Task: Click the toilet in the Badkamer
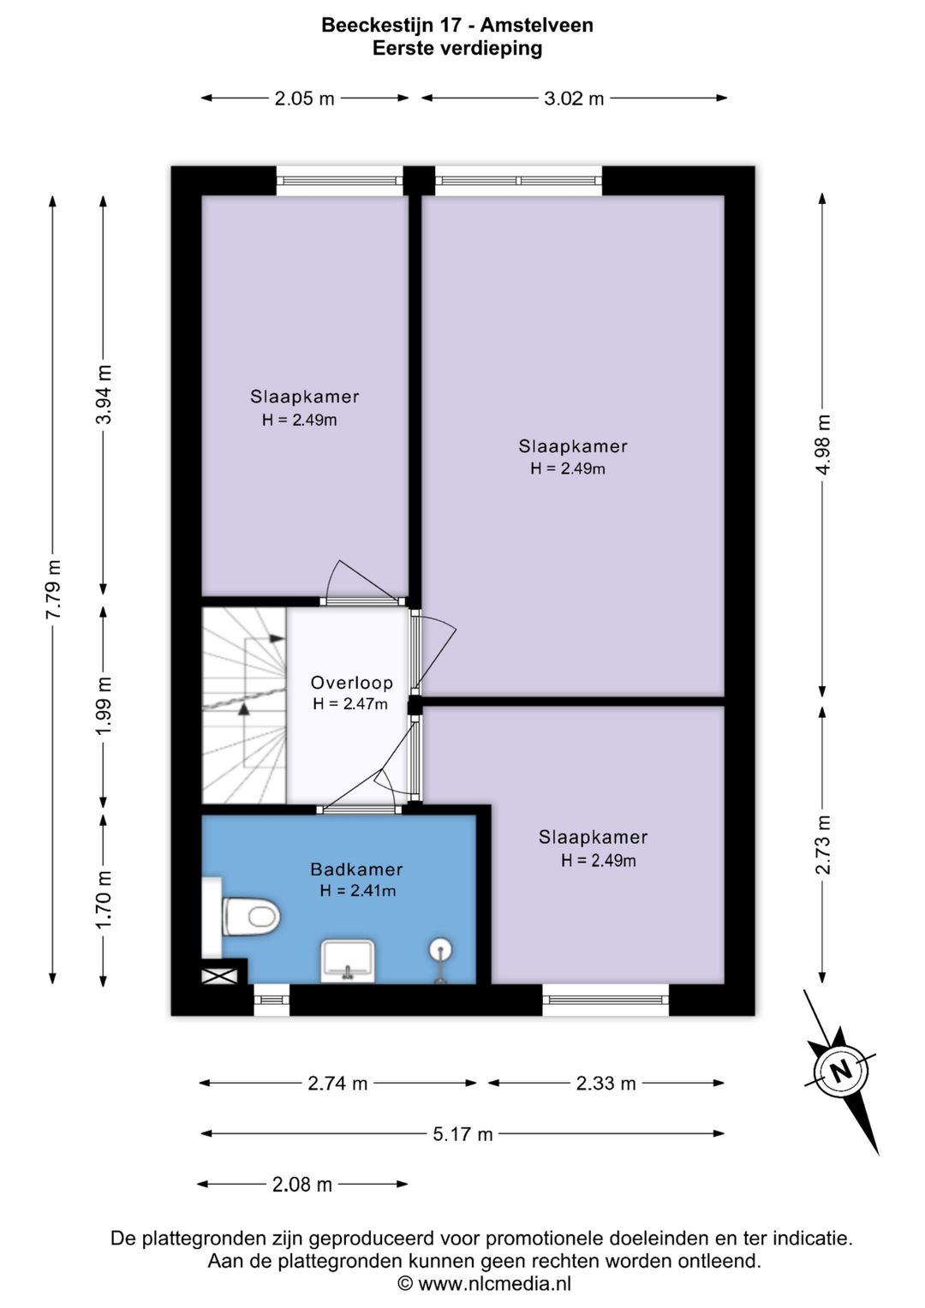point(251,915)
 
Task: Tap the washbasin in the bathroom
point(348,961)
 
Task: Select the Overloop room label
point(351,682)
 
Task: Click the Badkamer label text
point(356,869)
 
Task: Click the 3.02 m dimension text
point(574,99)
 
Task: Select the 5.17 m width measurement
point(462,1134)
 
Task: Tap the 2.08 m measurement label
point(301,1185)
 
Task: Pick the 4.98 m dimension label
point(822,445)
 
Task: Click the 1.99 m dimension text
point(104,707)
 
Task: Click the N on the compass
point(840,1070)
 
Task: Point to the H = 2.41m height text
point(357,891)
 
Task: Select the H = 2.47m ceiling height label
point(349,703)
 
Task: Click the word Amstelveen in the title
point(537,25)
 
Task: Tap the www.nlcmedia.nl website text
point(495,1283)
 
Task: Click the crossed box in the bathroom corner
point(219,976)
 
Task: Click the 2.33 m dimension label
point(606,1084)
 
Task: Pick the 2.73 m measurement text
point(822,845)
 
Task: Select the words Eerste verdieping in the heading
point(457,49)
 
